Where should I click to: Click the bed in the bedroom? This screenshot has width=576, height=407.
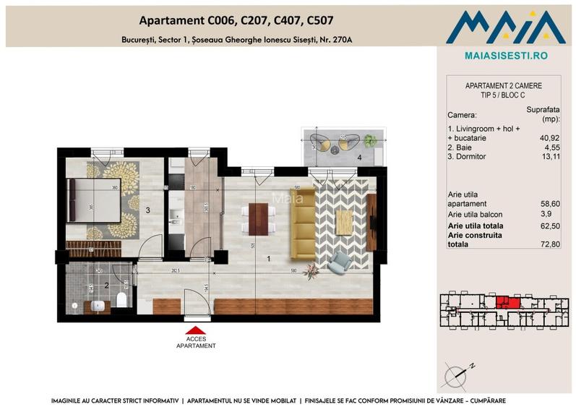pos(94,200)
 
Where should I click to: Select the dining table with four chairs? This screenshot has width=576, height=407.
pos(258,219)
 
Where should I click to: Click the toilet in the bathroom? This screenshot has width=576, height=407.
pos(122,299)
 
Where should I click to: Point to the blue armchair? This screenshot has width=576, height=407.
pos(338,262)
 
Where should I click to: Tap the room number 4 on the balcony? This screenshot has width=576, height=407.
pos(358,157)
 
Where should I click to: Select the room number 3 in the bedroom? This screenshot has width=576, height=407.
pos(147,210)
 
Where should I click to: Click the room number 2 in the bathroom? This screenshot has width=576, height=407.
pos(106,286)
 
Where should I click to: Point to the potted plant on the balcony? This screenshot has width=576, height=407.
pos(370,141)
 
